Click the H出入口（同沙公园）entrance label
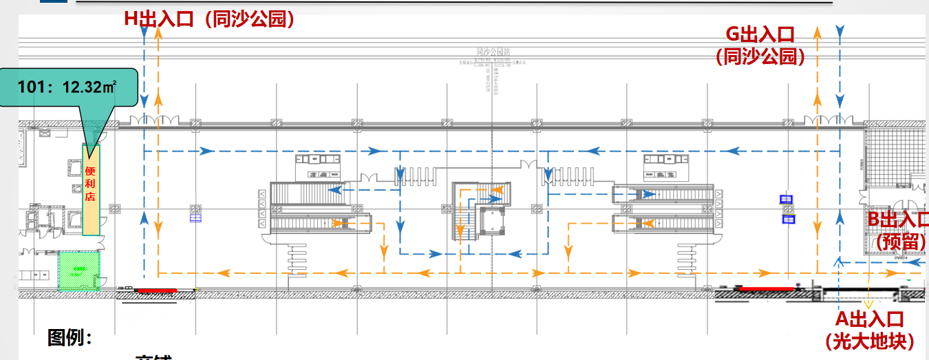(x=210, y=19)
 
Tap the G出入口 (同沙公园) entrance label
(x=760, y=45)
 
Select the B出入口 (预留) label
(x=898, y=231)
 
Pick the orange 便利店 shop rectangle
(x=91, y=189)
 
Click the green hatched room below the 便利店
(x=79, y=271)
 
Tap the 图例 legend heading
(x=70, y=338)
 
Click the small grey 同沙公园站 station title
(x=493, y=52)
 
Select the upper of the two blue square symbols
(x=787, y=200)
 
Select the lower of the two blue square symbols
(x=787, y=220)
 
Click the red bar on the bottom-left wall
(x=158, y=290)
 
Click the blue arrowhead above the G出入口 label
(x=840, y=31)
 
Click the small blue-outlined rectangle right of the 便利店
(x=195, y=219)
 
